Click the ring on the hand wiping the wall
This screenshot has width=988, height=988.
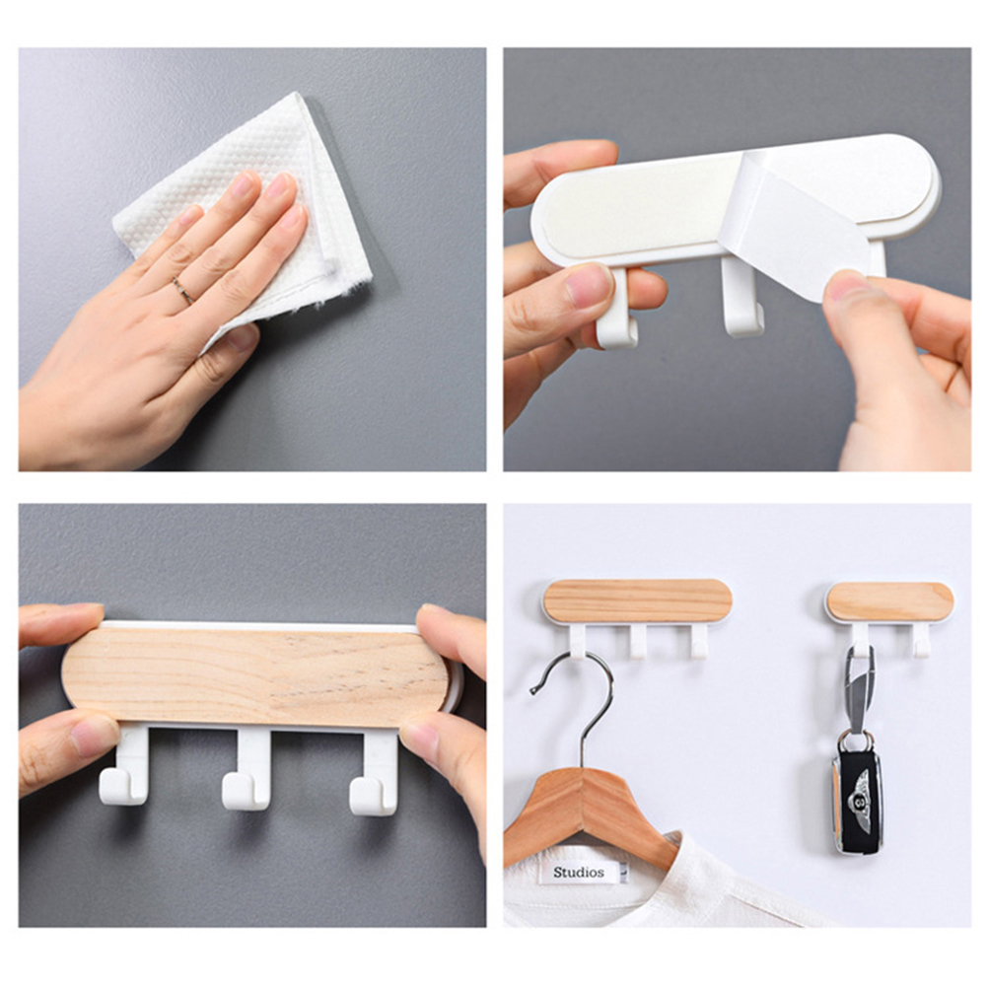tap(182, 291)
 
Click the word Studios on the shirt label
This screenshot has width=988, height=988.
tap(579, 872)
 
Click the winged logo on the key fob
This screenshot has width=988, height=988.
tap(858, 801)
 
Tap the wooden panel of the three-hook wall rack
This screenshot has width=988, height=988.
tap(638, 600)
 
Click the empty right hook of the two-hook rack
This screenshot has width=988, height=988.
tap(921, 641)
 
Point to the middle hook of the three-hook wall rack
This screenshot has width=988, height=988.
tap(638, 642)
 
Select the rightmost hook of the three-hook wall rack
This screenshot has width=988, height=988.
tap(698, 642)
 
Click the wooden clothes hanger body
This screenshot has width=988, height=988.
tap(589, 812)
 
